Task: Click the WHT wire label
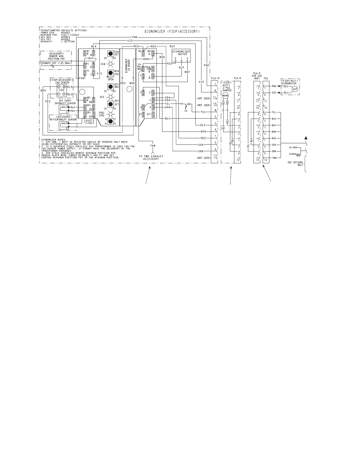187,72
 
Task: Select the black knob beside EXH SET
110,54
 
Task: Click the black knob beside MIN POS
110,73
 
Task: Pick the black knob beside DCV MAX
110,86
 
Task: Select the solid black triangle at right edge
306,137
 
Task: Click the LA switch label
186,111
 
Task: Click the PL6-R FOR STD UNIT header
257,76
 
